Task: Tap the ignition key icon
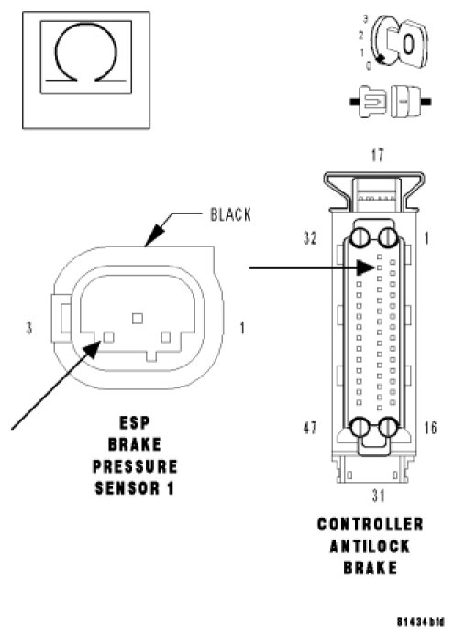pos(399,41)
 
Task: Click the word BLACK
pos(230,214)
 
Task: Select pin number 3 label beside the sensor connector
pos(29,327)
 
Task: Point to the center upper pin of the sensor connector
pos(138,319)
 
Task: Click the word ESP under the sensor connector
pos(135,423)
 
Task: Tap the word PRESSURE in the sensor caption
pos(135,466)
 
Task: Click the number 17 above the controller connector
pos(377,156)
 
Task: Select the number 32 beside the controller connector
pos(310,238)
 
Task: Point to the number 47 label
pos(310,428)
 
